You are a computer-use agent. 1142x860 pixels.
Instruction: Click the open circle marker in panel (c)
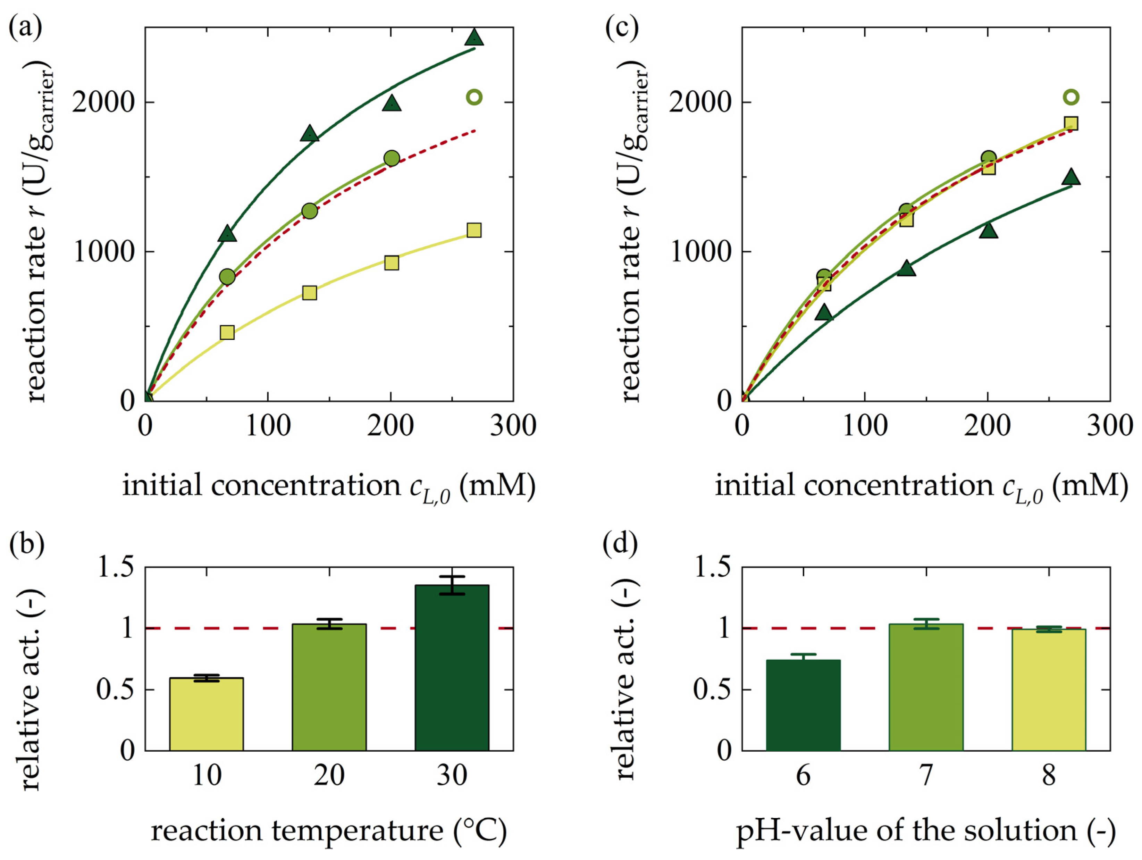pos(1071,97)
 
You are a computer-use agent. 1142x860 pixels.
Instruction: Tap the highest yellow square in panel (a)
pos(474,230)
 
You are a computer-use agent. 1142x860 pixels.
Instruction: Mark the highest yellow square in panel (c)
pos(1071,124)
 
